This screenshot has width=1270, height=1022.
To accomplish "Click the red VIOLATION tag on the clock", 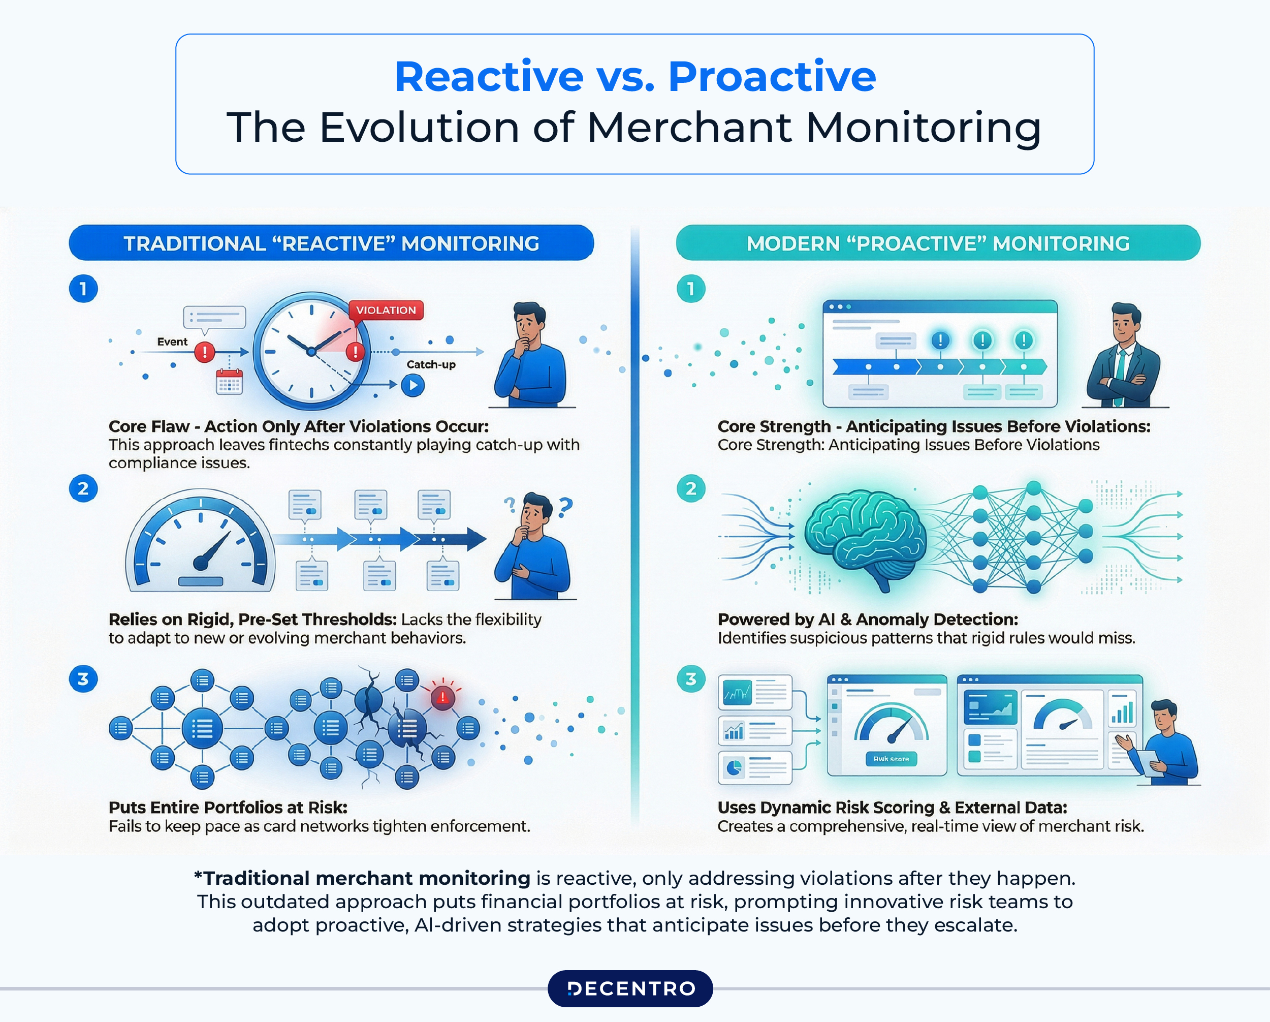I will click(x=386, y=310).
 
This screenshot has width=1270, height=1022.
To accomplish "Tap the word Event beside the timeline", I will click(x=172, y=342).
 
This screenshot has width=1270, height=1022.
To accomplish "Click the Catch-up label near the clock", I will click(x=431, y=364).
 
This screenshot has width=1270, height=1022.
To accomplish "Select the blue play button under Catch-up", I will click(x=413, y=385).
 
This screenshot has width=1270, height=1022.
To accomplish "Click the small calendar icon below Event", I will click(x=229, y=382).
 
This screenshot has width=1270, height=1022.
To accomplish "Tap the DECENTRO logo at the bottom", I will click(x=630, y=988).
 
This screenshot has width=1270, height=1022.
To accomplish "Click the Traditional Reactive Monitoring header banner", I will click(x=331, y=243).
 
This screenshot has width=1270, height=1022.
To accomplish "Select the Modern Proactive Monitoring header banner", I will click(x=938, y=243).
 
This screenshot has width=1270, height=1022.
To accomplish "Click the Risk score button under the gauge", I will click(x=891, y=759).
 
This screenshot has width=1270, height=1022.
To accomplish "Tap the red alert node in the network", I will click(x=442, y=698).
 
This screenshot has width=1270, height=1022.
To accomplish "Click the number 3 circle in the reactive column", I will click(x=83, y=679).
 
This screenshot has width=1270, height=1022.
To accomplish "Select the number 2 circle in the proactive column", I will click(x=691, y=488).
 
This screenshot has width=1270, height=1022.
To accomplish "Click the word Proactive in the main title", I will click(x=772, y=77).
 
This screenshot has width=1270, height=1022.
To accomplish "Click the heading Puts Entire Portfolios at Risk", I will click(x=228, y=808).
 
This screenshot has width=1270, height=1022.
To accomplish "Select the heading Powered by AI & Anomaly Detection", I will click(x=867, y=620).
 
